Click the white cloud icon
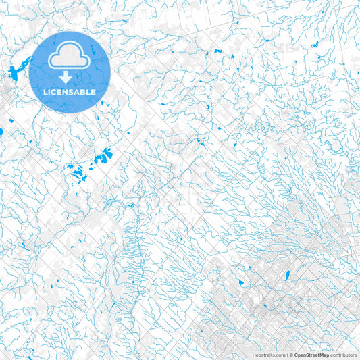(x=70, y=55)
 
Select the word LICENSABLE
(x=70, y=92)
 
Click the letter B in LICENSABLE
(x=84, y=92)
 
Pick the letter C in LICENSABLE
(x=55, y=92)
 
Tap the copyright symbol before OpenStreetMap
(x=290, y=355)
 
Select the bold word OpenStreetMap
(x=311, y=355)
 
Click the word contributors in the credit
(x=343, y=355)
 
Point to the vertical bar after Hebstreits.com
(x=286, y=355)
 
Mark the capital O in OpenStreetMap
(x=296, y=355)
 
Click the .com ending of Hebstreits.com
(x=279, y=355)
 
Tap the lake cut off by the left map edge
(x=1, y=131)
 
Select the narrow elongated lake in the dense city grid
(x=287, y=275)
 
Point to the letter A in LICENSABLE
(x=79, y=92)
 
